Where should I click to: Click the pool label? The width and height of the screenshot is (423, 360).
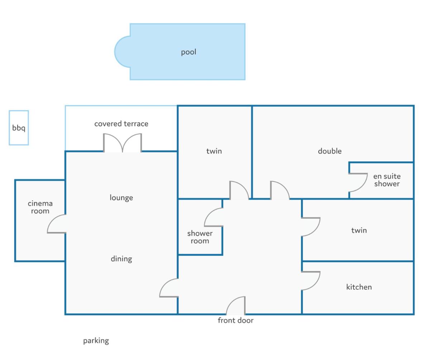pos(189,52)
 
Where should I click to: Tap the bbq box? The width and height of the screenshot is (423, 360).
pos(19,128)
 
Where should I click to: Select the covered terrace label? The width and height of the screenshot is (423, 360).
pos(121,124)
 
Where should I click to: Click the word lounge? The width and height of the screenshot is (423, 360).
pos(121,198)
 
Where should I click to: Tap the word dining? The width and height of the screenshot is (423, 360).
pos(122,259)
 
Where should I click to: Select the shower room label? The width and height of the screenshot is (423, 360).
pos(200,237)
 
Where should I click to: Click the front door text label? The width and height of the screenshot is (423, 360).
pos(236,320)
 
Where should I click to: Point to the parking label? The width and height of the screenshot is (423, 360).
pos(96,341)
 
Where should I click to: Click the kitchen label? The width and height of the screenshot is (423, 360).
pos(359,287)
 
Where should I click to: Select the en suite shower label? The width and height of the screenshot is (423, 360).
pos(387,180)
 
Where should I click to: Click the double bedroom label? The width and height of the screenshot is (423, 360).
pos(330,151)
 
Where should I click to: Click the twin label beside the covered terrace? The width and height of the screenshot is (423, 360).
pos(214,151)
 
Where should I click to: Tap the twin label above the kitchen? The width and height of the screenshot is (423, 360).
pos(359,231)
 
